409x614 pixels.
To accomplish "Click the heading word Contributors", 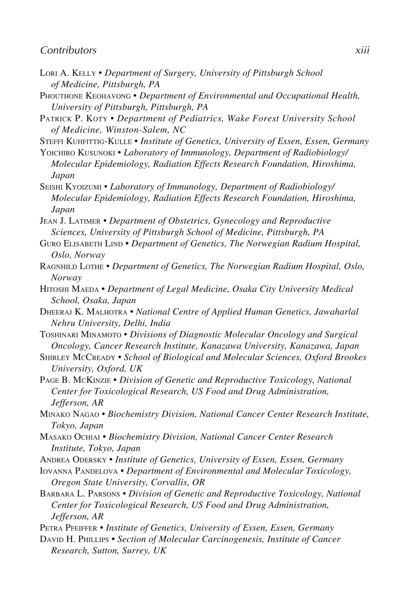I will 68,50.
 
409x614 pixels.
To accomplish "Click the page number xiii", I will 362,50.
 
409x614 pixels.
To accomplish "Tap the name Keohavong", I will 108,96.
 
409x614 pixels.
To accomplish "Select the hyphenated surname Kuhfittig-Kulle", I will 99,142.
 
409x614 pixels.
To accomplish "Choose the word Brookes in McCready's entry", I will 350,358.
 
